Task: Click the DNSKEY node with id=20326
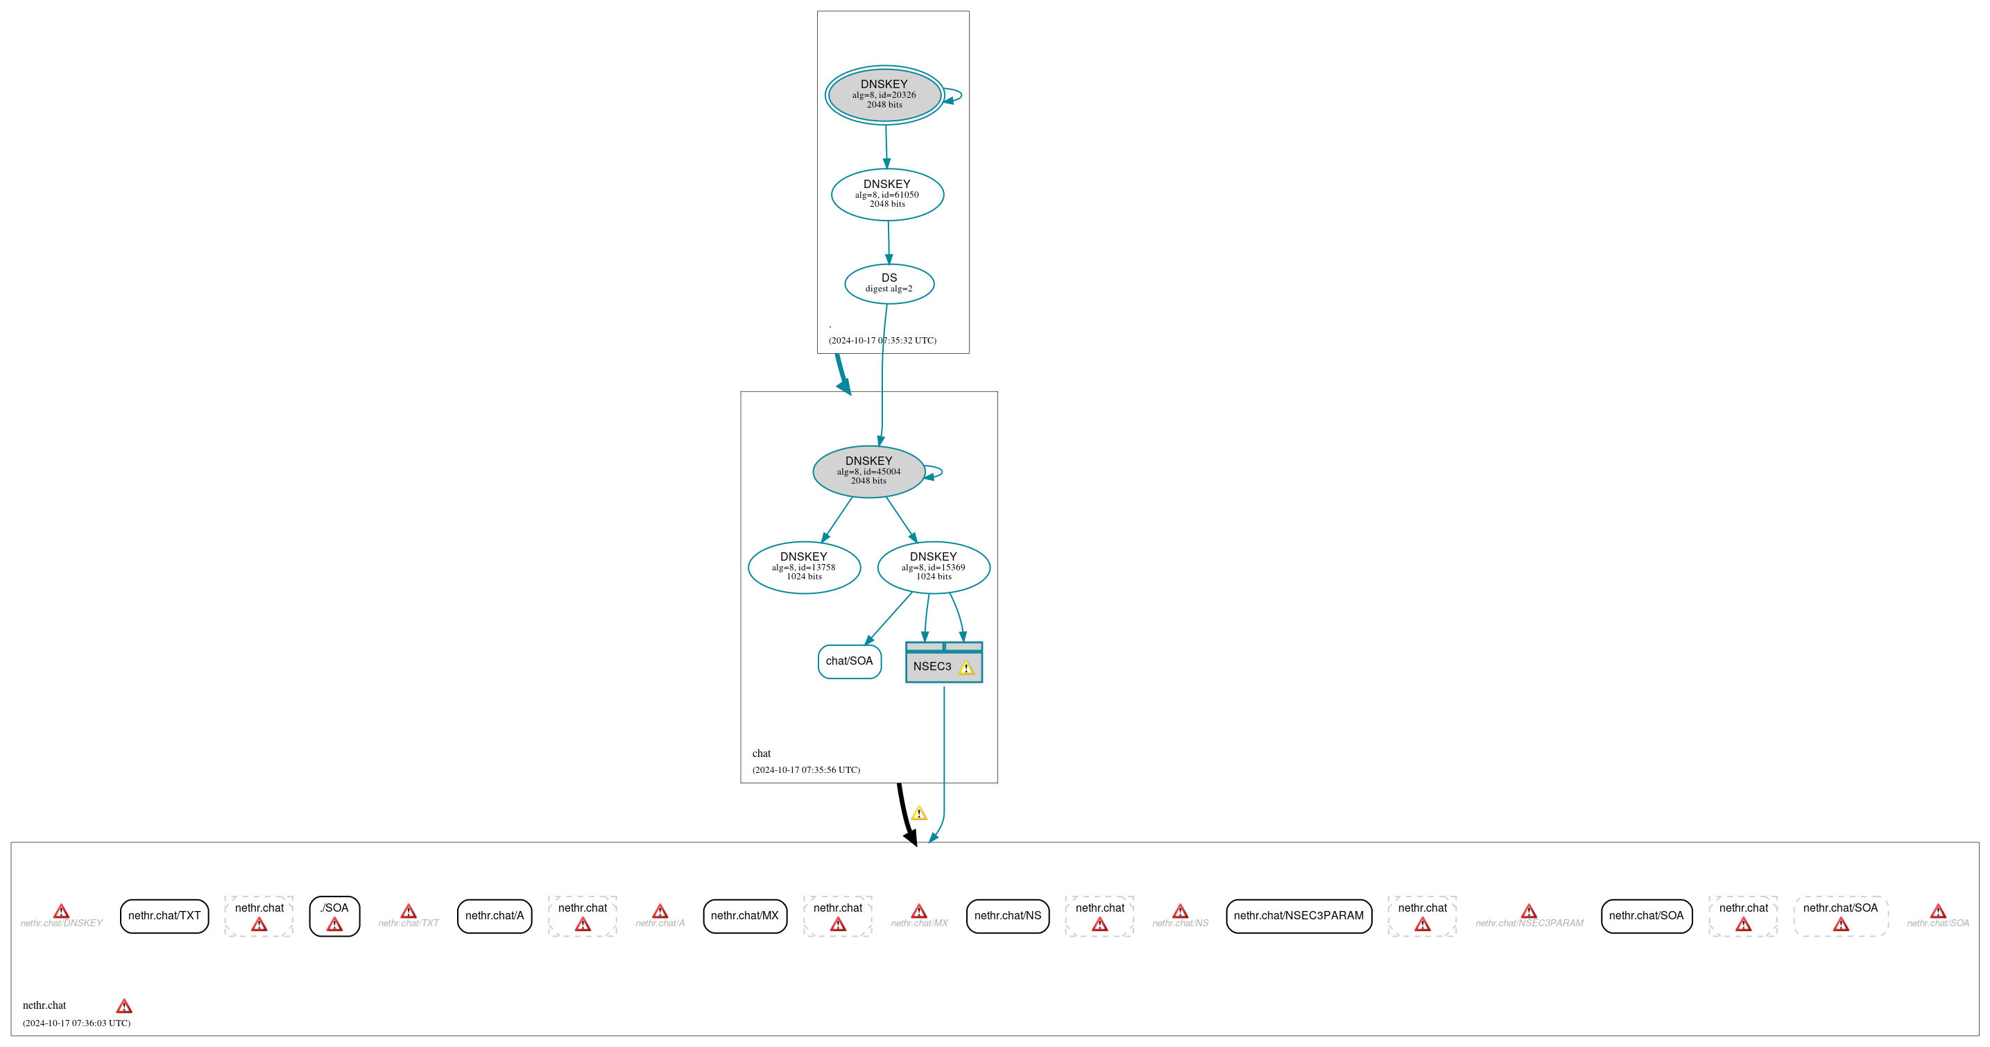[x=884, y=94]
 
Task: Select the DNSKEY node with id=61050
[x=887, y=194]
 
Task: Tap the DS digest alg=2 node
[x=889, y=284]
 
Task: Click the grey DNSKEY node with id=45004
[x=868, y=471]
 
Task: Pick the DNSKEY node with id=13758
[x=803, y=567]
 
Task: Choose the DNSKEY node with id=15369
[x=933, y=567]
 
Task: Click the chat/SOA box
[x=849, y=661]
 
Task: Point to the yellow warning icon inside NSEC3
[x=966, y=667]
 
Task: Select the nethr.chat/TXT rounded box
[x=164, y=916]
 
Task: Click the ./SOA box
[x=334, y=916]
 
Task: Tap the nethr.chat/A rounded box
[x=495, y=916]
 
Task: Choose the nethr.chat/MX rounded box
[x=745, y=916]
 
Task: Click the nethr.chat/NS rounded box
[x=1007, y=916]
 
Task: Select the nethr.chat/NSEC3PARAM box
[x=1298, y=916]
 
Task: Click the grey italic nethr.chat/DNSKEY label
[x=61, y=923]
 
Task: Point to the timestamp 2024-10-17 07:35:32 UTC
[x=882, y=341]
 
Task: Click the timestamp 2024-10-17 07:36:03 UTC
[x=76, y=1023]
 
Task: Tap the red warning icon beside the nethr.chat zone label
[x=123, y=1006]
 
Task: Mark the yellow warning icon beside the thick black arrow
[x=918, y=814]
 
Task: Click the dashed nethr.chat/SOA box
[x=1840, y=916]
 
